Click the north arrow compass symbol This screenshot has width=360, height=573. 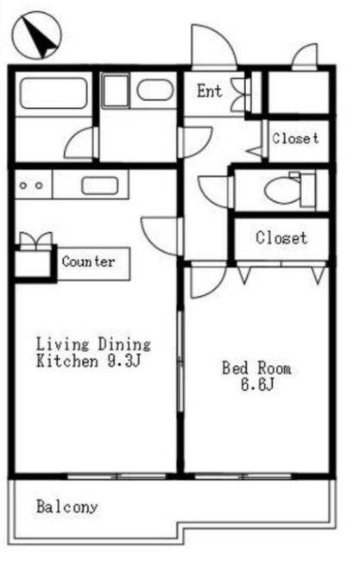pos(36,35)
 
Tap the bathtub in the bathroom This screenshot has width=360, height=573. pos(54,93)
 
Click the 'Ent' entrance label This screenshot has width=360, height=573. pos(210,91)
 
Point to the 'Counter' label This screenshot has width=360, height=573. pos(88,261)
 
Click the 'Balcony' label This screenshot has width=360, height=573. pos(67,507)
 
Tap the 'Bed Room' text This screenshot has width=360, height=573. pos(257,368)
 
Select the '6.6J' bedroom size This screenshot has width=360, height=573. pos(257,384)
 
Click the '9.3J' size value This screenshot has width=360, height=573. pos(124,361)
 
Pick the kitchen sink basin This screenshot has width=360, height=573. pos(100,186)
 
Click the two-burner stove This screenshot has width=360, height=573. pos(33,185)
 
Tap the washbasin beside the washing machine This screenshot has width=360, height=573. pos(155,90)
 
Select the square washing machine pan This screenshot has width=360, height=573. pos(116,91)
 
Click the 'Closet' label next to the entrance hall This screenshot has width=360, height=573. pos(295,138)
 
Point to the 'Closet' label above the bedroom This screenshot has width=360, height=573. pos(281,238)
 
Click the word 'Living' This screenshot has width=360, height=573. pos(62,344)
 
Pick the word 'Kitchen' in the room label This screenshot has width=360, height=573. pos(67,361)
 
